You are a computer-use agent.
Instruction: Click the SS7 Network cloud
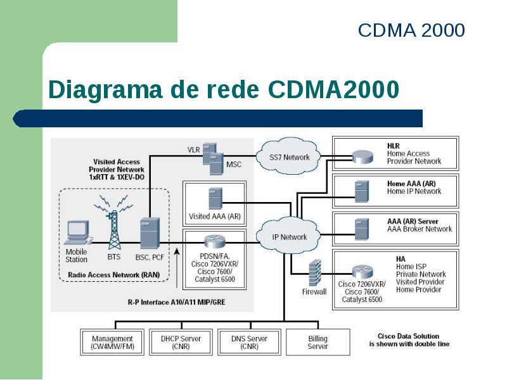click(288, 156)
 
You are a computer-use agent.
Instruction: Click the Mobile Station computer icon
click(78, 232)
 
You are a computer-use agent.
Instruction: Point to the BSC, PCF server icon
click(150, 233)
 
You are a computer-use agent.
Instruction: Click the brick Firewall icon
click(315, 273)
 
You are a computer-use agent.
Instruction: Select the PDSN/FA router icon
click(215, 242)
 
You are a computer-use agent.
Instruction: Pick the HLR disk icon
click(363, 157)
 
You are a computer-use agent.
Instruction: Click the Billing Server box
click(318, 342)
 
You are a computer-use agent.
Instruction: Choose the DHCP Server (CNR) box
click(181, 342)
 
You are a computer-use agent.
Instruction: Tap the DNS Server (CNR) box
click(249, 342)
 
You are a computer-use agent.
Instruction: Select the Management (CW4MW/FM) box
click(112, 342)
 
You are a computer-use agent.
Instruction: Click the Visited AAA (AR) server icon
click(215, 199)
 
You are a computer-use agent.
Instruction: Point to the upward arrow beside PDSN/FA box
click(177, 267)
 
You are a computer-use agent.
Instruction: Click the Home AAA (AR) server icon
click(361, 191)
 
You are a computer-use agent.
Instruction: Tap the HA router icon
click(363, 272)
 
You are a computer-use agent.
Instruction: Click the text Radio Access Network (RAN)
click(114, 275)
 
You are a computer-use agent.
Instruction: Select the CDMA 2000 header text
click(411, 30)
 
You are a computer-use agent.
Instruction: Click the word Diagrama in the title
click(105, 89)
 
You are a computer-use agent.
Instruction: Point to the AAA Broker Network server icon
click(361, 229)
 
